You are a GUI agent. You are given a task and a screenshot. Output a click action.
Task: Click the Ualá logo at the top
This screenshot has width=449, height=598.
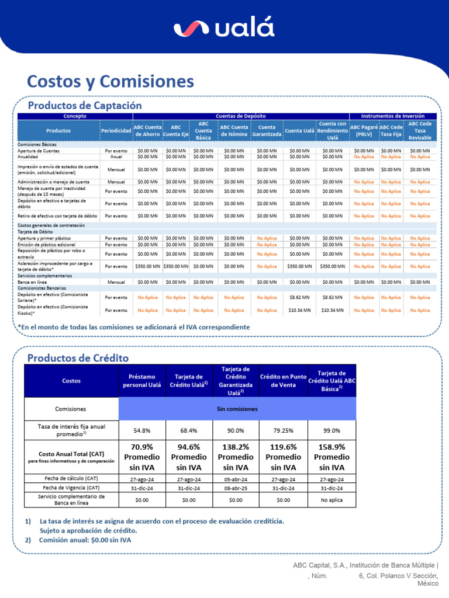(224, 29)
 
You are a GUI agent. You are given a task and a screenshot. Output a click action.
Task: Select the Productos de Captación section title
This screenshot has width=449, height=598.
(85, 105)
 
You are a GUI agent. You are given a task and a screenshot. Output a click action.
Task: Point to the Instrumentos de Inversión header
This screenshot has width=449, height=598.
(393, 116)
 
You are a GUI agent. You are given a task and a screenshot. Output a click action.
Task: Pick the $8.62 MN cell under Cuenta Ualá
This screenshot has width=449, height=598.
(299, 297)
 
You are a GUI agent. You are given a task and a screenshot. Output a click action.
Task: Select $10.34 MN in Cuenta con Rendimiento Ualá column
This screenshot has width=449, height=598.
(332, 310)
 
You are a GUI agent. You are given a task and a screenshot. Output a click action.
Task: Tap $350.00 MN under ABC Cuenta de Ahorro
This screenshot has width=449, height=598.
(147, 266)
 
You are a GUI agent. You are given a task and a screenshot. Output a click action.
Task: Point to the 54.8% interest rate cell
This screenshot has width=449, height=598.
(142, 430)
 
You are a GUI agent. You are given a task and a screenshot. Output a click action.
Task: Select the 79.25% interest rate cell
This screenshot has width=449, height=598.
(283, 430)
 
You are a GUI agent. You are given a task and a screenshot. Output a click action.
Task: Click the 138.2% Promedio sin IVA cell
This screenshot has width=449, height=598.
(236, 457)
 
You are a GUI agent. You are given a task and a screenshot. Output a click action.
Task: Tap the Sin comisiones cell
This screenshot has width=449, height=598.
(236, 409)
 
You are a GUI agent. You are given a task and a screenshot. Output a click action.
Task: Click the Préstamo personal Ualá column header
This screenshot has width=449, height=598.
(142, 381)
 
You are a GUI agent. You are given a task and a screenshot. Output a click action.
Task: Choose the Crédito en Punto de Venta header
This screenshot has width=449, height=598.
(283, 381)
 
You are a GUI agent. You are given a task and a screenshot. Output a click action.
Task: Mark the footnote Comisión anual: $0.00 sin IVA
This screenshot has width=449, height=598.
(85, 540)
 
